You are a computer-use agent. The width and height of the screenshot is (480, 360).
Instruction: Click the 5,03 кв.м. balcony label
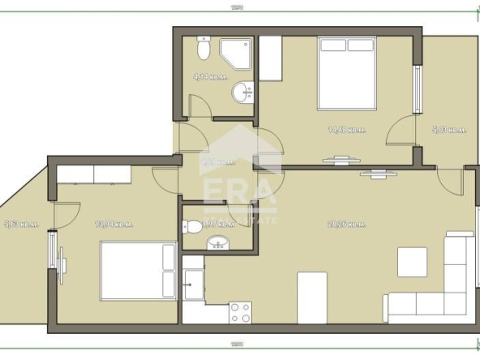[x=448, y=129]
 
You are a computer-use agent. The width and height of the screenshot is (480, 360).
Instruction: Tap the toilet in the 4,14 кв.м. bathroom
[x=204, y=51]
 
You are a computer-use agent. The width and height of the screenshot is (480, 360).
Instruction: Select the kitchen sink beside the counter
[x=194, y=284]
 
